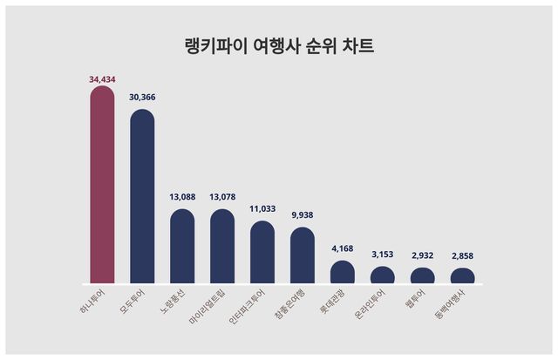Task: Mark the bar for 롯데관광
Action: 343,272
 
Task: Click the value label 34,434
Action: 102,79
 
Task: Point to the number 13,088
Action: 182,198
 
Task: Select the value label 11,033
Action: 262,210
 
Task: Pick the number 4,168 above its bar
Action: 343,250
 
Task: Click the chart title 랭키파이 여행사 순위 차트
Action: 279,46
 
